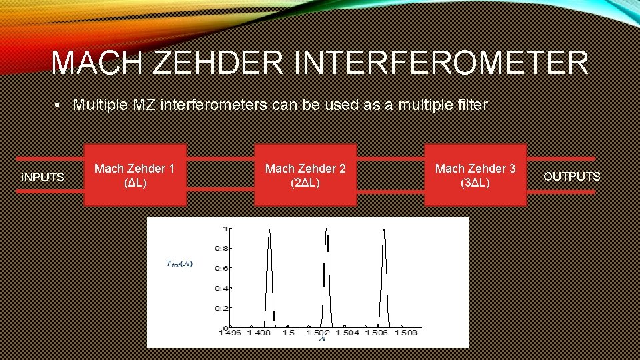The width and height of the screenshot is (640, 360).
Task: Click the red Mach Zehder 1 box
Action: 135,175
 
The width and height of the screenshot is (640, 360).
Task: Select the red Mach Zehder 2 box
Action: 305,175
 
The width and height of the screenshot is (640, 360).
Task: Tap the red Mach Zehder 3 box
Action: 475,175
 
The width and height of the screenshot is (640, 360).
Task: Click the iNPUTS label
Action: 43,177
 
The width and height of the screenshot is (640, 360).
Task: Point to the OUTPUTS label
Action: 571,177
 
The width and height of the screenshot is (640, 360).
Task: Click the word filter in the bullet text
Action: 469,105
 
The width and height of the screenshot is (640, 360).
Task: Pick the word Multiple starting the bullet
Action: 99,105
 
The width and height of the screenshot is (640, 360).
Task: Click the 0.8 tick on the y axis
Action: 222,249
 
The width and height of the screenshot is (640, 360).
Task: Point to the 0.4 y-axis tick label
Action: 222,288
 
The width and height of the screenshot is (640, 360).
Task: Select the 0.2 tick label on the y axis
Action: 222,309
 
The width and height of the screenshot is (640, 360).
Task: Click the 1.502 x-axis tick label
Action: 317,332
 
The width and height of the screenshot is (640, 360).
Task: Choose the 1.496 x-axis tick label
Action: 230,332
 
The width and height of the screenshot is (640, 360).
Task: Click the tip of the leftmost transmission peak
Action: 270,230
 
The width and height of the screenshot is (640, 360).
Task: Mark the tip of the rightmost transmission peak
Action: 384,230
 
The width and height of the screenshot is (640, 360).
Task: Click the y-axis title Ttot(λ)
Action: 179,263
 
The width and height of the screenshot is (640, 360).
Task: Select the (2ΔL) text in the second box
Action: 305,182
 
